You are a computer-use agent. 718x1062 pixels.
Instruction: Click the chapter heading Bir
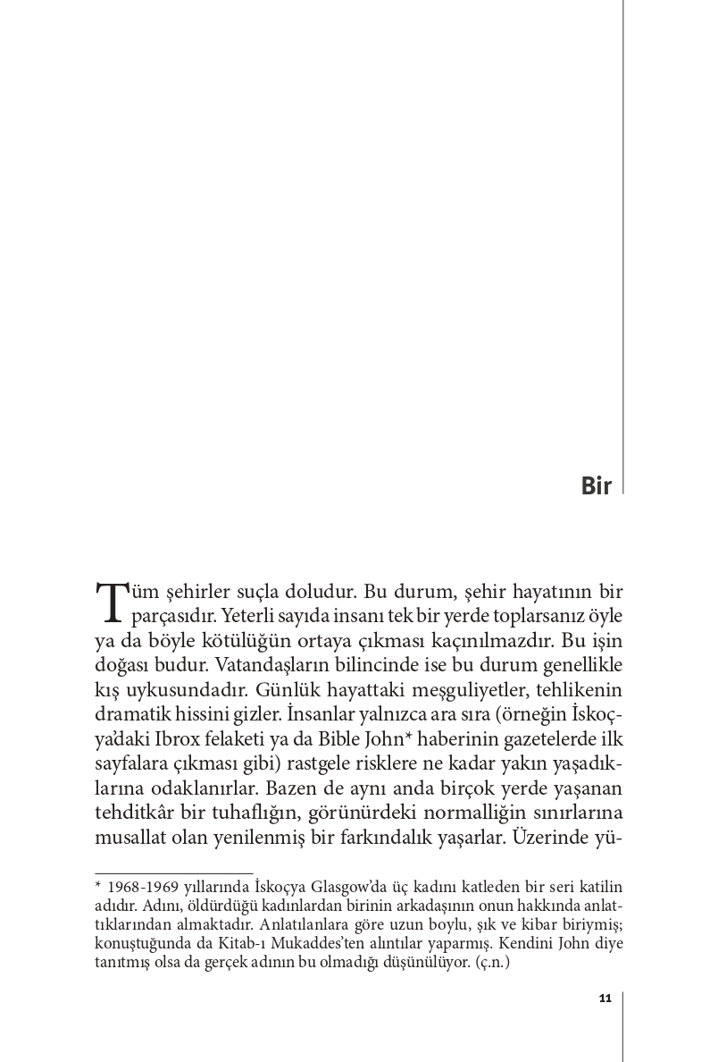[596, 486]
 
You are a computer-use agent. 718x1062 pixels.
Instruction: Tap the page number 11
[605, 999]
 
